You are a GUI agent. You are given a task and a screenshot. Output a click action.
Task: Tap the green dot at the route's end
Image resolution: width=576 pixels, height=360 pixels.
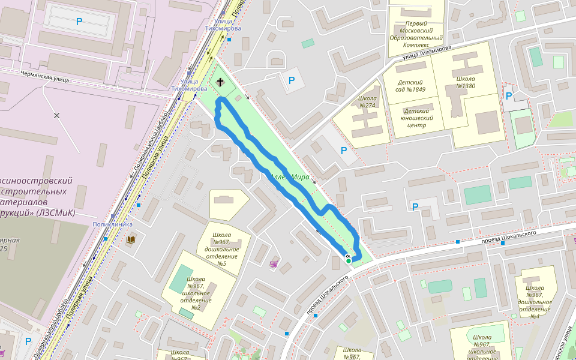[x=349, y=260]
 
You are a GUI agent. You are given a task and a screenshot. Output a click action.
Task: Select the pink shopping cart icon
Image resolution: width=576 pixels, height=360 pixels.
[x=274, y=263]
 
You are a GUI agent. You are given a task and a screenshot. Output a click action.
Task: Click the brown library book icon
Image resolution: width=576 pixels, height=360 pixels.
[x=131, y=239]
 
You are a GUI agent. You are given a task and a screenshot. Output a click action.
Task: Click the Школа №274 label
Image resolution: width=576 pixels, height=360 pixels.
[x=367, y=102]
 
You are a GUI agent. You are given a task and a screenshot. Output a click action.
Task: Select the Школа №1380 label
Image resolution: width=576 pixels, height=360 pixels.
[x=465, y=83]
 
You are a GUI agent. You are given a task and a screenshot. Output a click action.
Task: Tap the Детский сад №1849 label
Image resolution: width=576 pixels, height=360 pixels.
[x=411, y=86]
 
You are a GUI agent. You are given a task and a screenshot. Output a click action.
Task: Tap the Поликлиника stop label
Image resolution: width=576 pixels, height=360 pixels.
[x=112, y=224]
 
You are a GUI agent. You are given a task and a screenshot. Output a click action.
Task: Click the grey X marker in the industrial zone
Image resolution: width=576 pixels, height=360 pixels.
[x=57, y=115]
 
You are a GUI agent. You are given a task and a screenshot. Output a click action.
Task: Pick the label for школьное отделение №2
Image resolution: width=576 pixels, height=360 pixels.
[x=196, y=293]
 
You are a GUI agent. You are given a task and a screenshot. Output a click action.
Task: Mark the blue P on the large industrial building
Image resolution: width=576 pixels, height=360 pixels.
[x=79, y=22]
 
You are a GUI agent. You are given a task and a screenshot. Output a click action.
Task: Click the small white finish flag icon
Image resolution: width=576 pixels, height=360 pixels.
[x=347, y=256]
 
